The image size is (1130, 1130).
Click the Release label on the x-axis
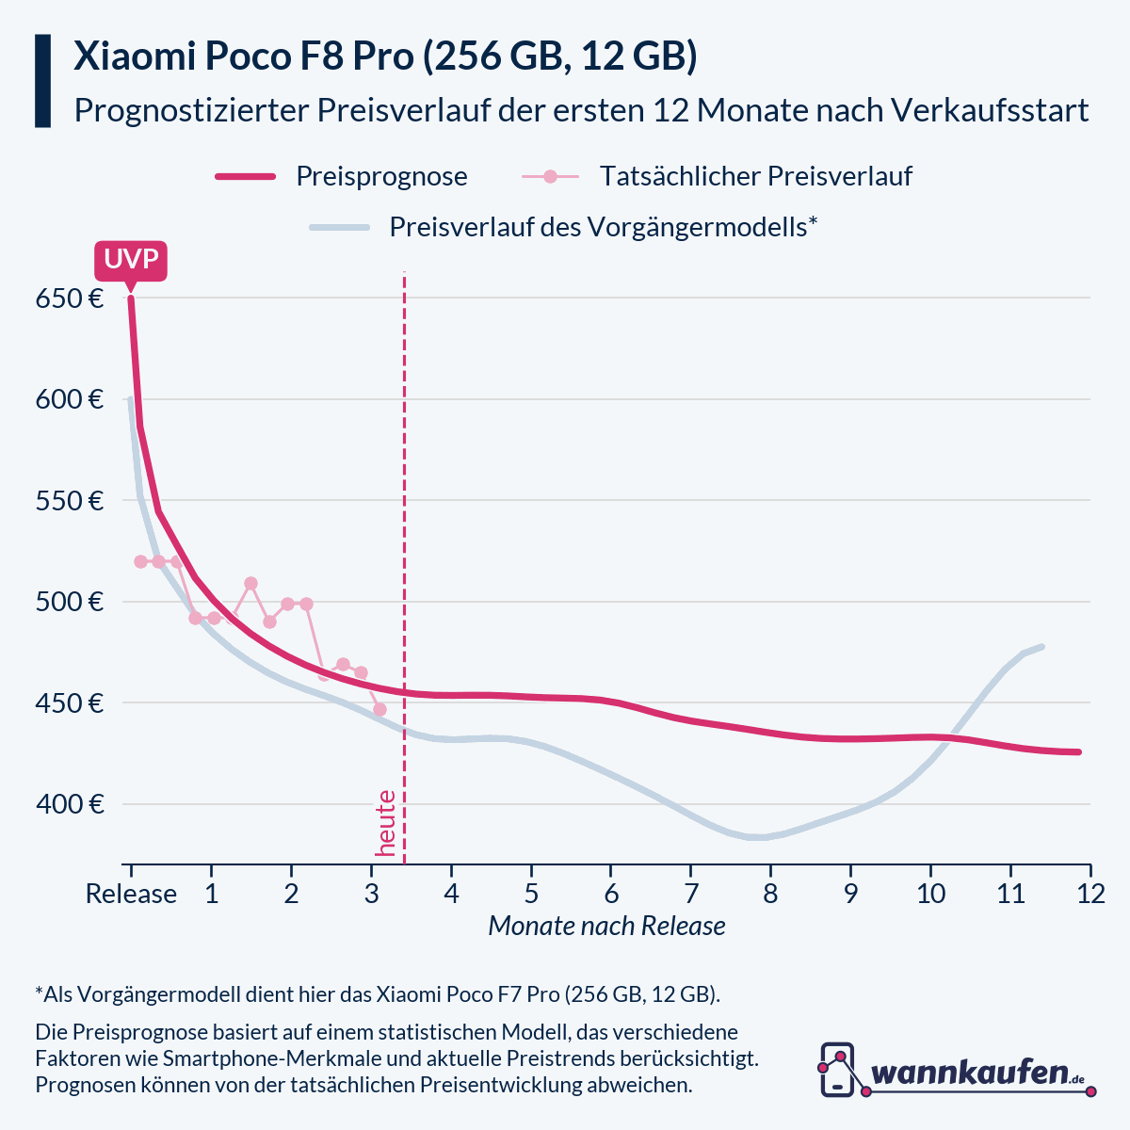pos(131,894)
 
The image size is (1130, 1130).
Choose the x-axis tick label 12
pos(1090,894)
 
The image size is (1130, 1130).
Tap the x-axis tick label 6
pos(611,894)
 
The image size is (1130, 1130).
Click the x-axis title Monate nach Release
pos(606,926)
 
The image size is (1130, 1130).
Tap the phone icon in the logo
pos(837,1070)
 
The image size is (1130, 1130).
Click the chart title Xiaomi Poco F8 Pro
pos(385,56)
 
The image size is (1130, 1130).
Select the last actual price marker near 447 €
pos(380,709)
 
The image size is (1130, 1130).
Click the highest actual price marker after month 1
pos(250,584)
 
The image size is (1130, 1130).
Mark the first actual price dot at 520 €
pos(140,561)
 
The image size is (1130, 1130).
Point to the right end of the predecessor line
pos(1041,646)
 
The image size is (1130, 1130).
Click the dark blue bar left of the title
pos(42,81)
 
